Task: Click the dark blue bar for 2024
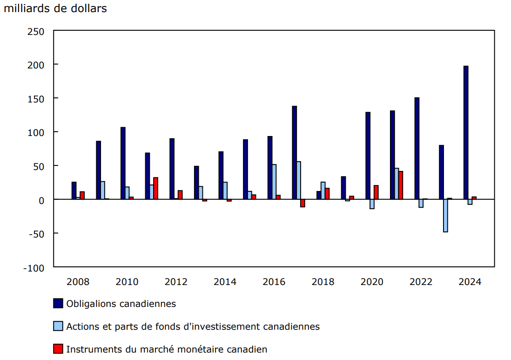point(466,133)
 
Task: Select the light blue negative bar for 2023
point(445,216)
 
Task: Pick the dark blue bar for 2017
point(295,153)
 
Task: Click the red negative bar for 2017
point(303,203)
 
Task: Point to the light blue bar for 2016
point(274,182)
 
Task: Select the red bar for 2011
point(155,188)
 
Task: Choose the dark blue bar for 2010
point(123,163)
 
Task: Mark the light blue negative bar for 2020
point(372,204)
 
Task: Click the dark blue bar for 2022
point(417,148)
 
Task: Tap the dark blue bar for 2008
point(74,190)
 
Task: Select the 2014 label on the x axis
point(225,282)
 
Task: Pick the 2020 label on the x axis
point(372,282)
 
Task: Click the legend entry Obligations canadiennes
point(121,304)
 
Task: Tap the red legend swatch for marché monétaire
point(58,349)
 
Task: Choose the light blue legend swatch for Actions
point(58,326)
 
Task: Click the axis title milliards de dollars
point(55,8)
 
